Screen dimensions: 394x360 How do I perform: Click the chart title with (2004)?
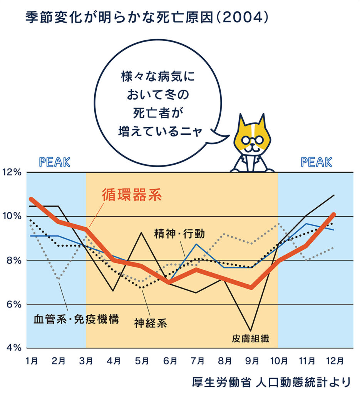tap(146, 17)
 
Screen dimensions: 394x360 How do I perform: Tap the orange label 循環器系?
tap(131, 195)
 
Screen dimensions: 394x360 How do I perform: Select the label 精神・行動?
tap(179, 233)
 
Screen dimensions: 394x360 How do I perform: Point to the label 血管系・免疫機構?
tap(76, 319)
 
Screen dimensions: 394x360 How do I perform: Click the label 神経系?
tap(151, 322)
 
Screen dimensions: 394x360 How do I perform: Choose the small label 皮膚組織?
tap(250, 339)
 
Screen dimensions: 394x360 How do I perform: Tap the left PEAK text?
tap(55, 162)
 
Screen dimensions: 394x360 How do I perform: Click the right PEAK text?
tap(316, 162)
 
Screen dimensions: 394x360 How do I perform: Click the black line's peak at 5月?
tap(142, 233)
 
